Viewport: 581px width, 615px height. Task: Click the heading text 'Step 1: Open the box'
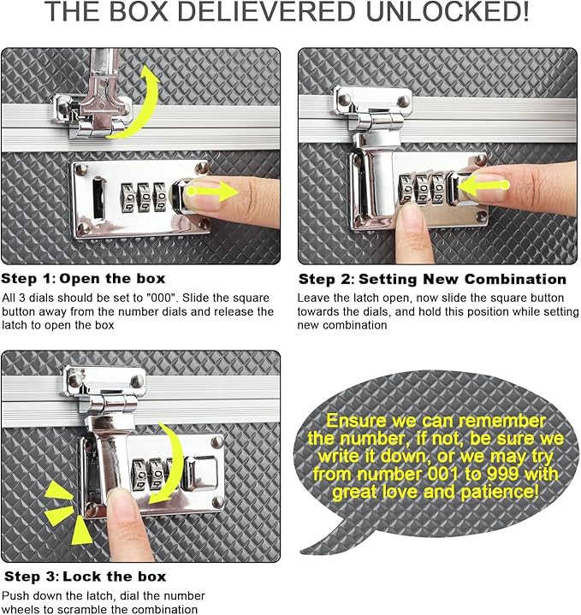[84, 279]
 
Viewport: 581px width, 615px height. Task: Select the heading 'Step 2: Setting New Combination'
[432, 279]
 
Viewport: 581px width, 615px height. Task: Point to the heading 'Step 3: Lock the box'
[84, 577]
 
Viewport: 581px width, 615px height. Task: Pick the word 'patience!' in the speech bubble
[502, 494]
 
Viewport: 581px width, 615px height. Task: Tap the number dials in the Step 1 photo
[143, 197]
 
